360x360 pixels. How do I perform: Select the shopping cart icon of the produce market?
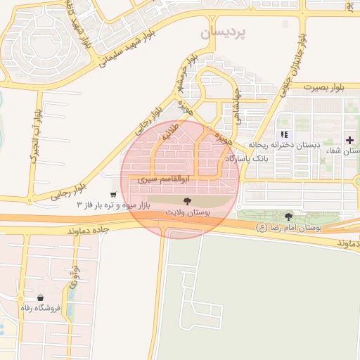[x=113, y=194]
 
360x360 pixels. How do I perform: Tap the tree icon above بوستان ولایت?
[x=186, y=201]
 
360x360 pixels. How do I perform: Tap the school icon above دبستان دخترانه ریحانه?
[x=284, y=134]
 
